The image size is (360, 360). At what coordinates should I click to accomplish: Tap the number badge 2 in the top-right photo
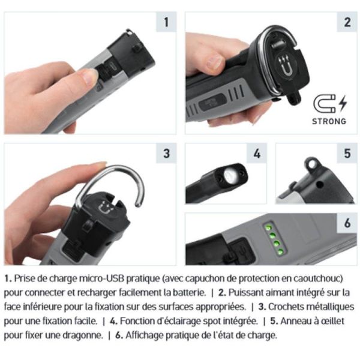click(x=347, y=23)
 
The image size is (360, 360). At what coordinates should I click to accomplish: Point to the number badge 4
click(x=257, y=153)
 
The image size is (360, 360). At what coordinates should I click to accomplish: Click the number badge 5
click(x=347, y=153)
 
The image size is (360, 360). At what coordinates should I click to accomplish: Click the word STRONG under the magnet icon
click(x=329, y=121)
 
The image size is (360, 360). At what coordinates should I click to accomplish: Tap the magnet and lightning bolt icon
click(x=329, y=103)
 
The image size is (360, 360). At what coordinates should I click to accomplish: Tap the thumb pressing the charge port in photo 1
click(x=88, y=76)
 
